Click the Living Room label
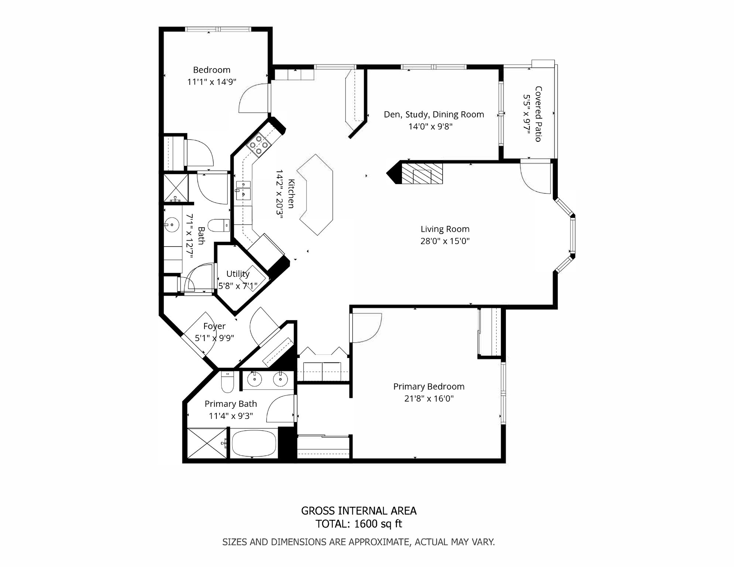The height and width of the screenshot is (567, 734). [445, 229]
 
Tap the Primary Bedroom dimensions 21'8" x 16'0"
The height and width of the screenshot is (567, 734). [429, 399]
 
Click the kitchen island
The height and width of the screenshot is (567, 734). [316, 195]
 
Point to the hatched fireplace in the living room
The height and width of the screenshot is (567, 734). [422, 173]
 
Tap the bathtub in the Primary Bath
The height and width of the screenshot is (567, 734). [254, 443]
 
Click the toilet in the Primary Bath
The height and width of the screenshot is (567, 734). [227, 382]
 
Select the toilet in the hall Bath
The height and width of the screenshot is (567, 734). [219, 225]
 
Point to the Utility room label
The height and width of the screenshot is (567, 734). [238, 274]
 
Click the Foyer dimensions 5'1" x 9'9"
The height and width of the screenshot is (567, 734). [214, 338]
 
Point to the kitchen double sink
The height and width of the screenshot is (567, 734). [243, 190]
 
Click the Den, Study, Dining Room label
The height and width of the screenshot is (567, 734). [434, 114]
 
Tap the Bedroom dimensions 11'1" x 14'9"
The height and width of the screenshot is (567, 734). [212, 82]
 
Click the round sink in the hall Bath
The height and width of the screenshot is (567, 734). [172, 224]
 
